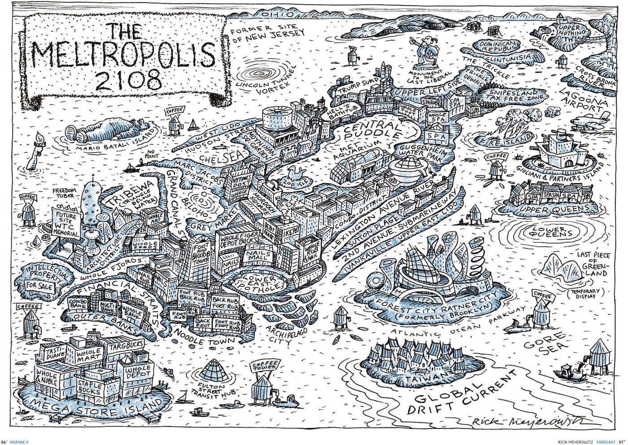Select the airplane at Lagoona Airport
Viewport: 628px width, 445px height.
click(590, 120)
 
